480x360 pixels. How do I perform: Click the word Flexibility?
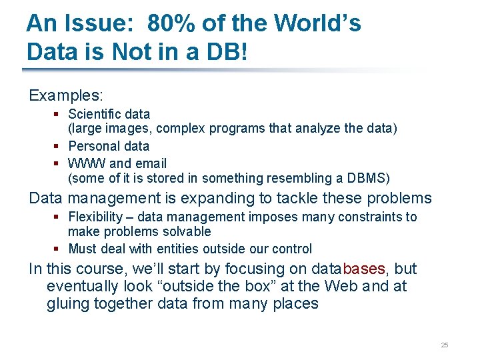click(95, 217)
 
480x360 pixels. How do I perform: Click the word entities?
click(178, 249)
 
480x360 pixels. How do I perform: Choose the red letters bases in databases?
click(363, 269)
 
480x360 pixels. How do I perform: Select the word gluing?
click(65, 305)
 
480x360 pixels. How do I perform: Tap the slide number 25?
click(445, 345)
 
